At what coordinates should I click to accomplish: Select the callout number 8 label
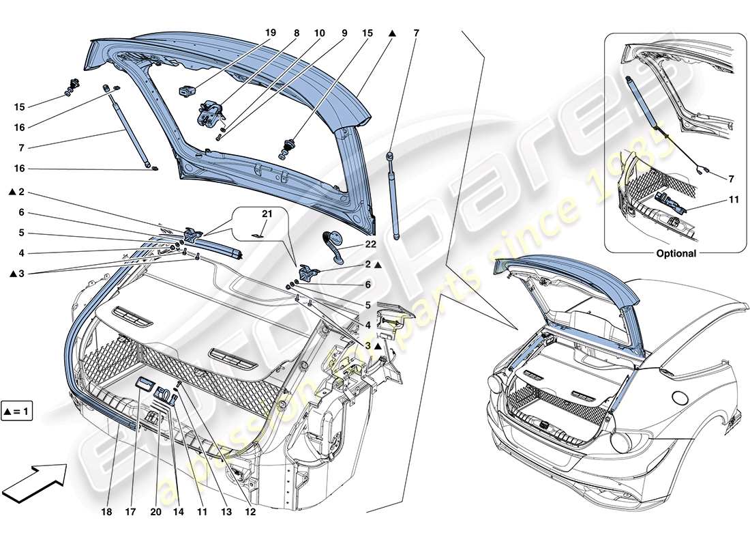297,32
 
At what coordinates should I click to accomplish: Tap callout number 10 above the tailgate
320,32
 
